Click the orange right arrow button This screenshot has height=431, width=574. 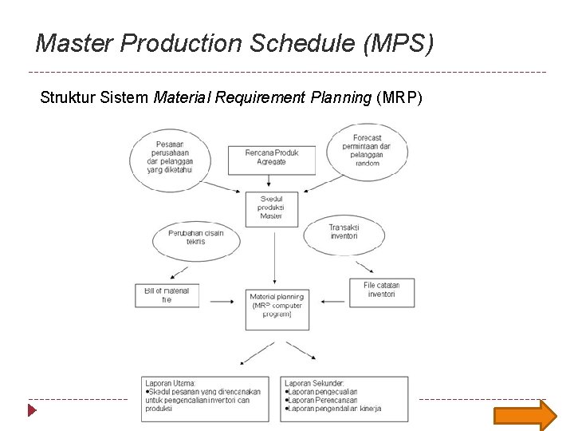click(x=525, y=414)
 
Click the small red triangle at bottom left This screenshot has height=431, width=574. click(x=32, y=410)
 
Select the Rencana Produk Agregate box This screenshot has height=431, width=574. click(x=271, y=158)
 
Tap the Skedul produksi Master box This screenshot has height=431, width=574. click(x=271, y=207)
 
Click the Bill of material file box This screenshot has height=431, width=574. click(x=167, y=295)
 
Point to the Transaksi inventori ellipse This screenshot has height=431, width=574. click(x=344, y=232)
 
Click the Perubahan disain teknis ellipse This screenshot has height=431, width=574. click(x=195, y=238)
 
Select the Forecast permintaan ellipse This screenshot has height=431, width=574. click(x=367, y=151)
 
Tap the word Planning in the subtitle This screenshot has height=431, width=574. click(x=340, y=98)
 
